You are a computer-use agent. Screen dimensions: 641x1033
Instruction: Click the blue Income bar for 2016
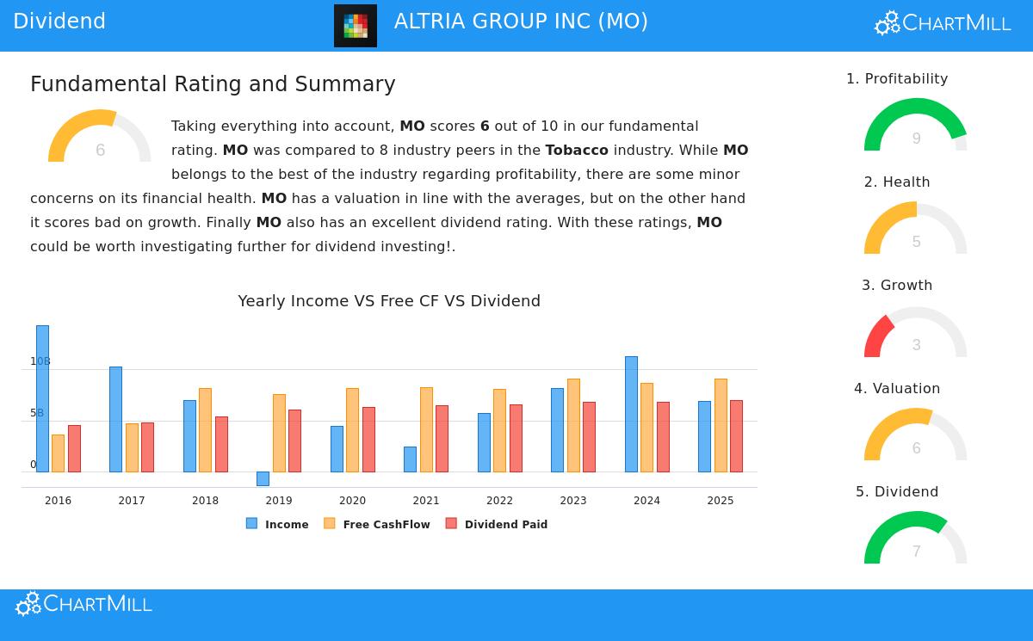[42, 398]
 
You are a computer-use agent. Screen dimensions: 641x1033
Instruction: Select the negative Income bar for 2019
[263, 478]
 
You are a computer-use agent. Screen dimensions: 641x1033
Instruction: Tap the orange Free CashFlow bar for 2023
[573, 425]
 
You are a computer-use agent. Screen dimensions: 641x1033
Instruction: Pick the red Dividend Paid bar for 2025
[736, 436]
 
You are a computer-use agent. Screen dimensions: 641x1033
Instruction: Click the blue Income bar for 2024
[631, 414]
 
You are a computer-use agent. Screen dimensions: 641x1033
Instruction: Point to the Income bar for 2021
[410, 459]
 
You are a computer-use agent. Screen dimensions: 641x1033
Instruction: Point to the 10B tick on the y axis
[40, 361]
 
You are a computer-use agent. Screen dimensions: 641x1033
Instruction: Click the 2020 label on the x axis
[352, 501]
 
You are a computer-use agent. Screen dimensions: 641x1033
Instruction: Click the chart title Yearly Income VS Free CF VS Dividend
[389, 301]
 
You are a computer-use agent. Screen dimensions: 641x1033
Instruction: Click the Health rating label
[897, 182]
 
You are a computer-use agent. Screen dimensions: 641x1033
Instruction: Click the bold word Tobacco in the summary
[577, 151]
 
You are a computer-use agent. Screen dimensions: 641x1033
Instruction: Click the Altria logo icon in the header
[356, 26]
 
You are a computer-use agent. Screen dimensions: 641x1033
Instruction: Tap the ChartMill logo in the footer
[84, 604]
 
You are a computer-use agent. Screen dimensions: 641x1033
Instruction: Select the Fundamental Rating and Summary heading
[213, 84]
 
